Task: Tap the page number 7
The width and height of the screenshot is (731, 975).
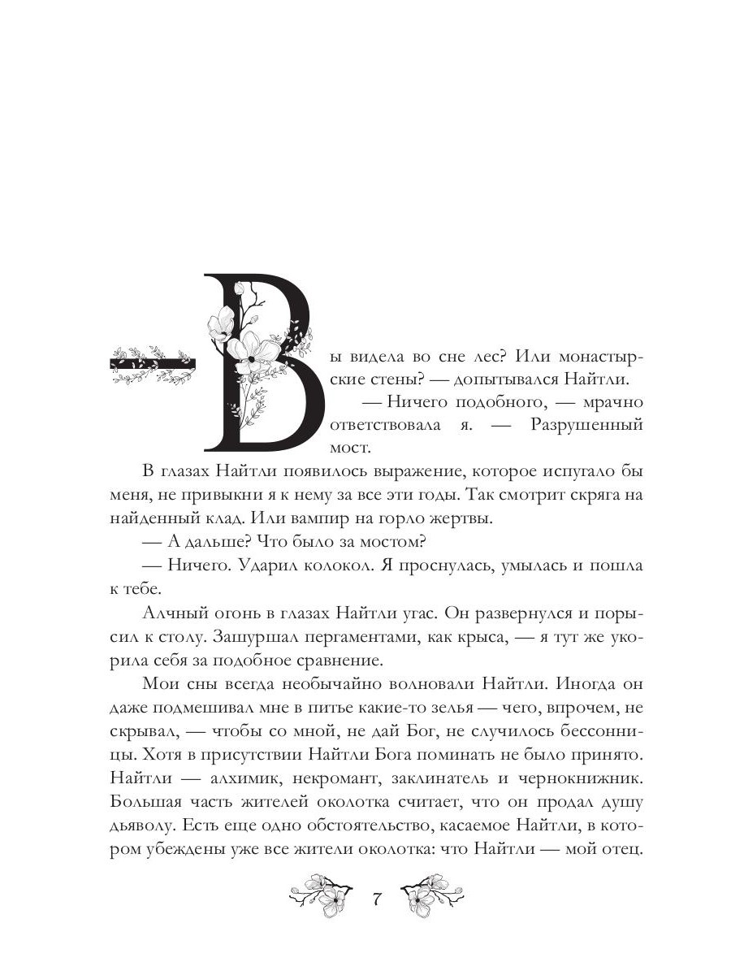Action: [x=376, y=900]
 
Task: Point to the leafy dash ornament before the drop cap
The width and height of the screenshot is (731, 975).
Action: [x=152, y=364]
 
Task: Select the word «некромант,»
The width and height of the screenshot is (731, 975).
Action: [x=353, y=777]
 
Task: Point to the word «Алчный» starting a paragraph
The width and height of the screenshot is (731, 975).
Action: [x=175, y=612]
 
